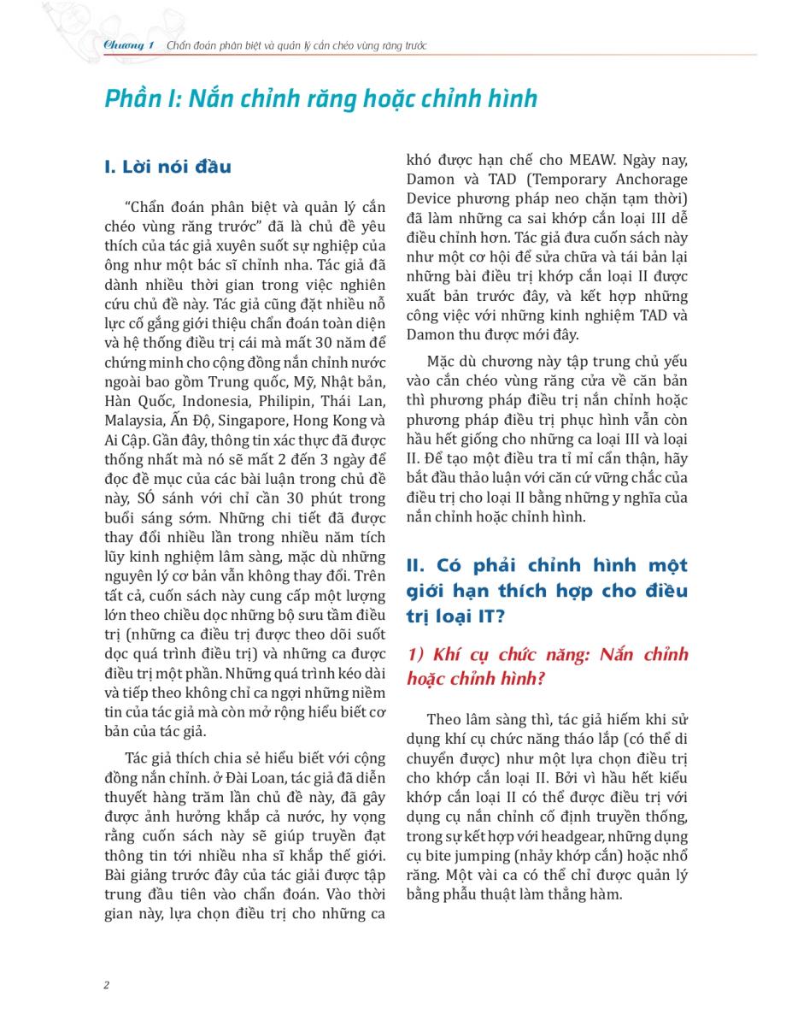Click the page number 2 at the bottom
pyautogui.click(x=106, y=985)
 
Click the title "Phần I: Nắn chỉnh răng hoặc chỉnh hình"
pyautogui.click(x=320, y=99)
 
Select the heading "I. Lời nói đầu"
pyautogui.click(x=167, y=167)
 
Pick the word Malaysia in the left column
pyautogui.click(x=132, y=420)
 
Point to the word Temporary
pyautogui.click(x=550, y=180)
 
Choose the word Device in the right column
pyautogui.click(x=431, y=199)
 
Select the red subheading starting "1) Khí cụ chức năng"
pyautogui.click(x=547, y=666)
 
